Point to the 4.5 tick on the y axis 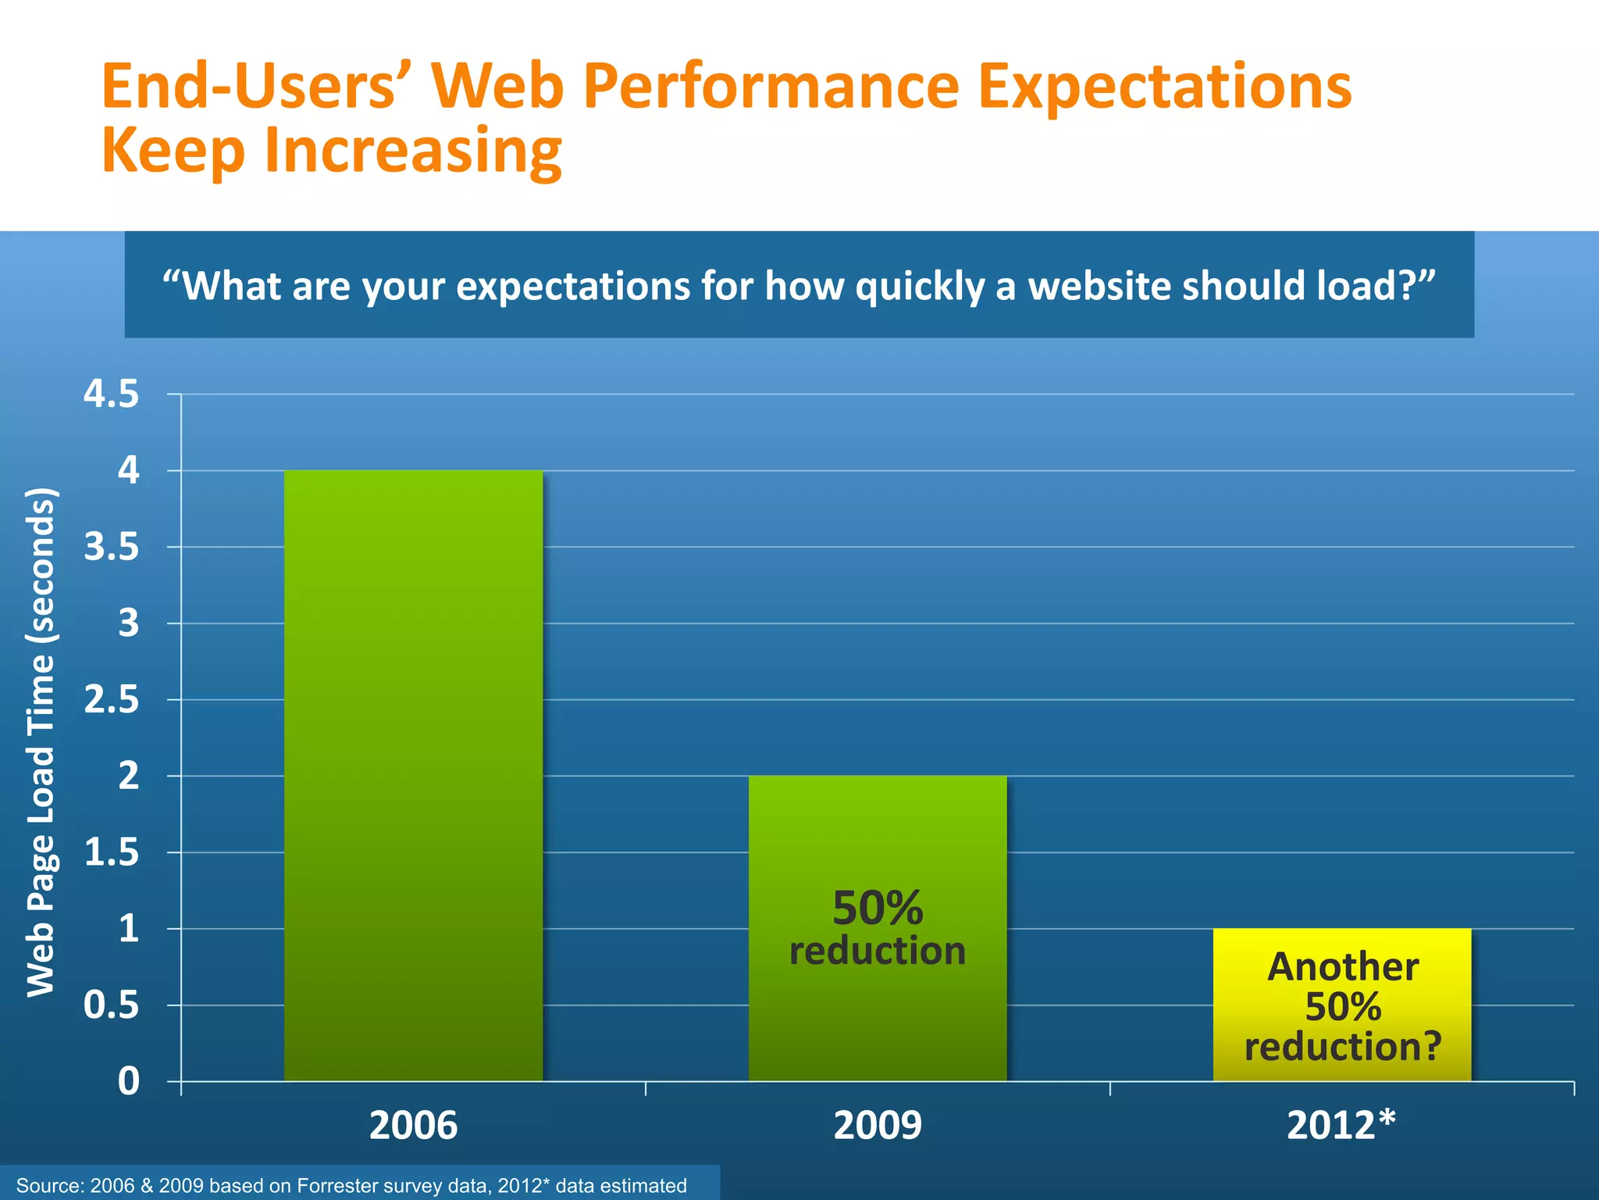pos(112,395)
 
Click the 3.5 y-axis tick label pos(112,548)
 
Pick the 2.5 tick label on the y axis pos(112,700)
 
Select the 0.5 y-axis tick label pos(112,1005)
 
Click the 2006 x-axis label pos(413,1126)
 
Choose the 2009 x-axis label pos(878,1126)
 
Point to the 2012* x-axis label pos(1341,1126)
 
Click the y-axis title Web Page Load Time pos(41,742)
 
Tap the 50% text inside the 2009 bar pos(878,909)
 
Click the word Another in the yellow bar pos(1342,967)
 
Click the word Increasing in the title pos(413,150)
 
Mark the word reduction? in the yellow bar pos(1342,1047)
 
